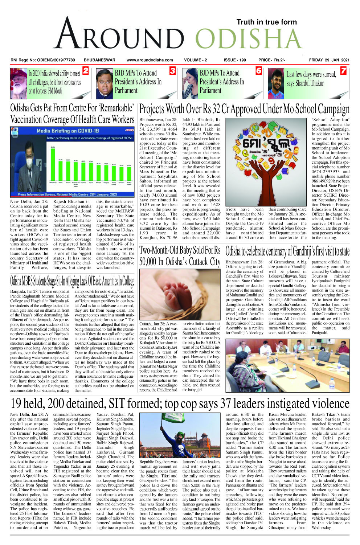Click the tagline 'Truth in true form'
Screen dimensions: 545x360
pyautogui.click(x=266, y=22)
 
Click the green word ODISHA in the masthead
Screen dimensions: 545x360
pyautogui.click(x=249, y=38)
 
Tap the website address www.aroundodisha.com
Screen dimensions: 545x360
pyautogui.click(x=150, y=60)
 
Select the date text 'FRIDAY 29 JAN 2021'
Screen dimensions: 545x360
pyautogui.click(x=329, y=60)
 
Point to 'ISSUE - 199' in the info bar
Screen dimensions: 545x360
pyautogui.click(x=234, y=60)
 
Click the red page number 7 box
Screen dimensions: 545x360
pyautogui.click(x=343, y=71)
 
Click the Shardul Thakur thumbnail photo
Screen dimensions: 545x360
pyautogui.click(x=276, y=83)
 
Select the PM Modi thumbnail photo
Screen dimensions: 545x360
pyautogui.click(x=19, y=83)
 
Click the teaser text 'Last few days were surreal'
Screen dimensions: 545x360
pyautogui.click(x=311, y=75)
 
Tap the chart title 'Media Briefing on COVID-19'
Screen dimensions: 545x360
pyautogui.click(x=67, y=131)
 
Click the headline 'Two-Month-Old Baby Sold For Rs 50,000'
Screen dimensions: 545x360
pyautogui.click(x=180, y=256)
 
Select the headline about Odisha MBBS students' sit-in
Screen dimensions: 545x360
pyautogui.click(x=72, y=280)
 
